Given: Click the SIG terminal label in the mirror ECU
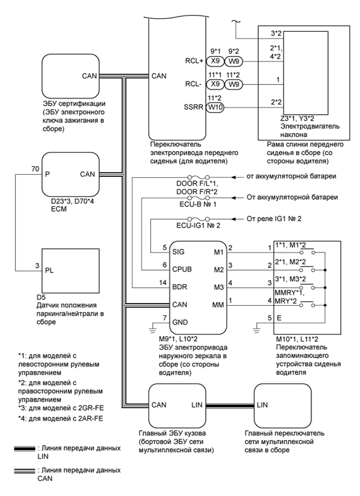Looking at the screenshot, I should coord(180,251).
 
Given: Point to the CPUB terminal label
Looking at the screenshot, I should coord(184,269).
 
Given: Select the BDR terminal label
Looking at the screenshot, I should coord(181,286).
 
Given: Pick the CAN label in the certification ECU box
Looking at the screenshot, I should coord(89,76).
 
